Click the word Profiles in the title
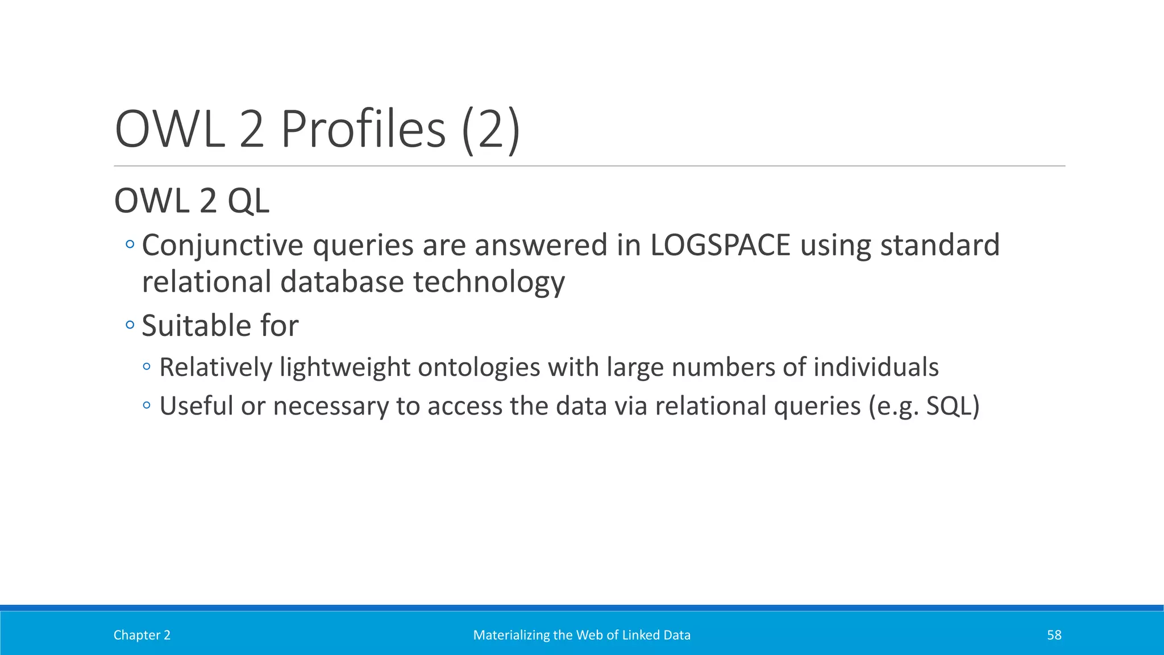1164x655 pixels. [x=363, y=130]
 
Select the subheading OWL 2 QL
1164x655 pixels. [x=192, y=201]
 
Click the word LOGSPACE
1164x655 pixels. [x=720, y=245]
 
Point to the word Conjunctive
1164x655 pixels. [x=222, y=246]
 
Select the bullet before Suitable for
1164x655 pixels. [x=130, y=325]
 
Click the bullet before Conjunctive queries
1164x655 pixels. [x=130, y=244]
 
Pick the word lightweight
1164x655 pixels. [x=345, y=367]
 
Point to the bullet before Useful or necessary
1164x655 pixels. [x=147, y=405]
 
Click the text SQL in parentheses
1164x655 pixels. [x=949, y=406]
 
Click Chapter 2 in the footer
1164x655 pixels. [x=142, y=635]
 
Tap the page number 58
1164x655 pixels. [x=1054, y=635]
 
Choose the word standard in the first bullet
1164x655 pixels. [x=939, y=245]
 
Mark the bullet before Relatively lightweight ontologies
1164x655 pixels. [x=147, y=367]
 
